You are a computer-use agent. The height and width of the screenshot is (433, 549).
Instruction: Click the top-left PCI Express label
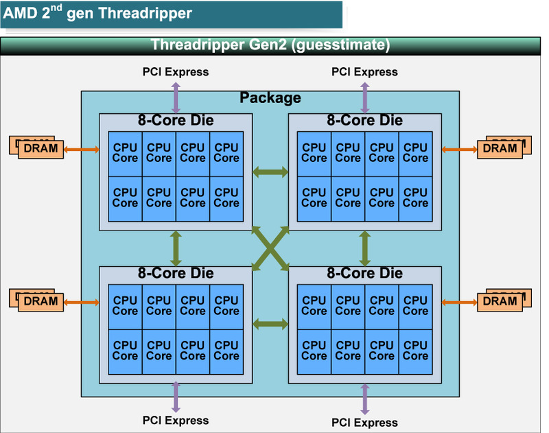click(x=175, y=71)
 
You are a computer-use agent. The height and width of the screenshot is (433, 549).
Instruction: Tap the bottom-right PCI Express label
click(x=364, y=422)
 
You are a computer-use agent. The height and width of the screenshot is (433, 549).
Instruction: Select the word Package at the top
click(x=270, y=98)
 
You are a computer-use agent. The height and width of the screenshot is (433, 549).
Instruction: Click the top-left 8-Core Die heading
click(x=175, y=121)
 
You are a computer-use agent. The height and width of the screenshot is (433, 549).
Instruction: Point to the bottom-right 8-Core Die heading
click(x=364, y=273)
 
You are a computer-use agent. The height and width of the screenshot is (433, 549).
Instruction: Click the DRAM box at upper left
click(x=40, y=148)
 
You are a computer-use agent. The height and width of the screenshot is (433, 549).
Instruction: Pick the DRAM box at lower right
click(x=500, y=301)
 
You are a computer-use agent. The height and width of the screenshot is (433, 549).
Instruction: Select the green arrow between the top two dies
click(x=270, y=172)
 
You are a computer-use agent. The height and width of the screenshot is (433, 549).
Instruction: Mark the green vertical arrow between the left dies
click(x=176, y=248)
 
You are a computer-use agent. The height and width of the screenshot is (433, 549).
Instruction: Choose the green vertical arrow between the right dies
click(x=364, y=248)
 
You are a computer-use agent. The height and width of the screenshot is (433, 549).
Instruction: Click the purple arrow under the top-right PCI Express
click(x=364, y=97)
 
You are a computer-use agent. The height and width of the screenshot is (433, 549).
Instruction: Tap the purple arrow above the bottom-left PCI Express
click(x=176, y=397)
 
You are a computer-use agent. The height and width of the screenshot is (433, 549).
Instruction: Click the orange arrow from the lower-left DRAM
click(x=81, y=301)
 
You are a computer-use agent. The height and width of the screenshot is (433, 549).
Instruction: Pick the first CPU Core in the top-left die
click(x=125, y=152)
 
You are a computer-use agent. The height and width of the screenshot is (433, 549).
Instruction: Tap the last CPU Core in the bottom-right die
click(x=415, y=351)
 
